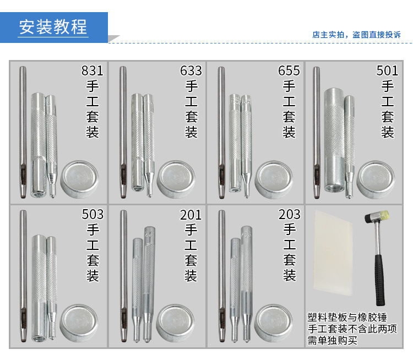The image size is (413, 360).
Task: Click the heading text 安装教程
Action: coord(53,27)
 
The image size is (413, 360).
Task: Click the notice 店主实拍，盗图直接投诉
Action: coord(356,35)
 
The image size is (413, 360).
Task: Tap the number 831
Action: coord(92,71)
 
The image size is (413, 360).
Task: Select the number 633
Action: coord(191,71)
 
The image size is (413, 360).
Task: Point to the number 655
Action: coord(289,71)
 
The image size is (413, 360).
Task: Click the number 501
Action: coord(387,71)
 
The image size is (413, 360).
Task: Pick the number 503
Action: coord(92,214)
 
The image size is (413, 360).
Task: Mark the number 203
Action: coord(289,214)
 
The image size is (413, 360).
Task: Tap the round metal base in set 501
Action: coord(376,179)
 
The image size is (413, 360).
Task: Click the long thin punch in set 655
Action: coord(221,132)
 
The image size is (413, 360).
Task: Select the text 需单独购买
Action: coord(332,340)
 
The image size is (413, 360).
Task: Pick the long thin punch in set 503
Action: coord(24,275)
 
